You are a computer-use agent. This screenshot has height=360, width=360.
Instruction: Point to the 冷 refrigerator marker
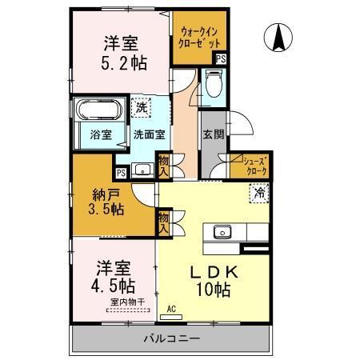point(259,192)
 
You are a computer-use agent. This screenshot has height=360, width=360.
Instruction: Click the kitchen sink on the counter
point(223,232)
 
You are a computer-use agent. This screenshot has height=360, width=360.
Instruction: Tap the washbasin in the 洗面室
point(144,169)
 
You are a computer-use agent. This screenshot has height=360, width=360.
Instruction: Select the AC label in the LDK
point(171,306)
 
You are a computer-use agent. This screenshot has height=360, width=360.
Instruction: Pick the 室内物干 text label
point(126,302)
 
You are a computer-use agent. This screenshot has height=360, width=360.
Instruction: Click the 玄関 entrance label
point(212,135)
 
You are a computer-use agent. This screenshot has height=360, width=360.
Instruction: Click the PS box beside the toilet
point(221,58)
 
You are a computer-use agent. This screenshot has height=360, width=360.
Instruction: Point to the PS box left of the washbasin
point(121,172)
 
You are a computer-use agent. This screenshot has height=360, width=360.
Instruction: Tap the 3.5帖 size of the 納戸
point(106,209)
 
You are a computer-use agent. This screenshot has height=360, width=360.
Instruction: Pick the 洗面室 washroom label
point(149,134)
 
